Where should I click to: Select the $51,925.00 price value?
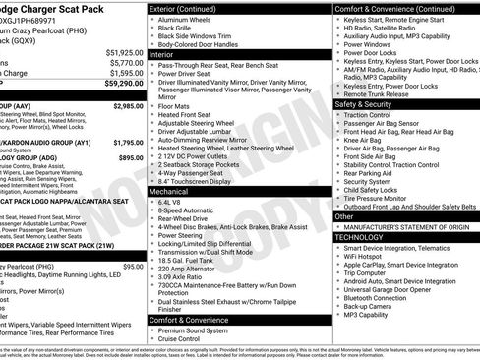point(123,53)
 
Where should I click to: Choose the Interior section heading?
point(164,55)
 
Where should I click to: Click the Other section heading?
point(344,216)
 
